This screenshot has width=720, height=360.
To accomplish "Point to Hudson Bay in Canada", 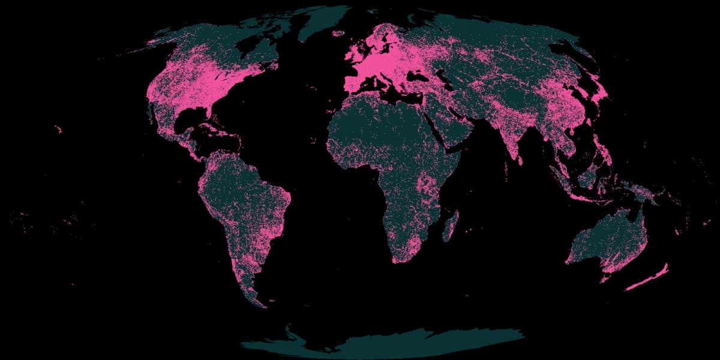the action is pos(240,51).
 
